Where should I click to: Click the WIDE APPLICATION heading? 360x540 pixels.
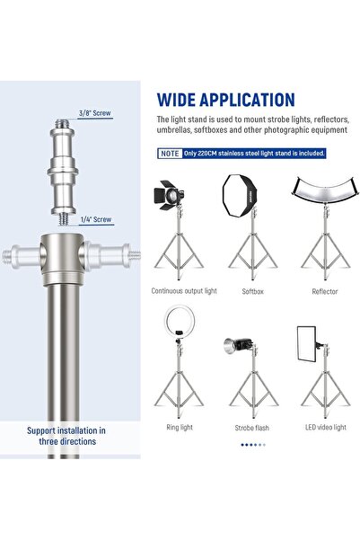pyautogui.click(x=225, y=100)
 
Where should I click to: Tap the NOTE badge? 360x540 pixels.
pyautogui.click(x=169, y=153)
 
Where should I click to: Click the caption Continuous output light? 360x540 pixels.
pyautogui.click(x=184, y=291)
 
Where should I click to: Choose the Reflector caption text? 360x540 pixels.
pyautogui.click(x=324, y=291)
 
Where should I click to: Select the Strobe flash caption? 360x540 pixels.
pyautogui.click(x=252, y=428)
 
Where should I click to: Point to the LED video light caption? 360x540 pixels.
pyautogui.click(x=324, y=427)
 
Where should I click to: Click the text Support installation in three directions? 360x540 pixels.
pyautogui.click(x=70, y=437)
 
